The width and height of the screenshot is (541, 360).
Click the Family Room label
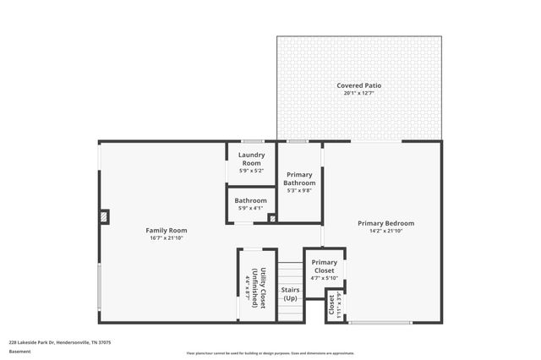point(166,230)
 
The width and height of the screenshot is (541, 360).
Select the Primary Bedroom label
point(391,223)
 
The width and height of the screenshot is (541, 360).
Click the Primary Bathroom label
point(299,179)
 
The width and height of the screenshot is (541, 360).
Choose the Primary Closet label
point(324,266)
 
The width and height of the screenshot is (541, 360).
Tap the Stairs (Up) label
point(290,294)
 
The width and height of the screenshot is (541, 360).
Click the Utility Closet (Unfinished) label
point(260,288)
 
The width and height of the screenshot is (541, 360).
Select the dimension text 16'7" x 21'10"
point(166,238)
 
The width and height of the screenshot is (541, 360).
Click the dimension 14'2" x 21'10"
point(391,231)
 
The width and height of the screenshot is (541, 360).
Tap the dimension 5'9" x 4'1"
point(251,208)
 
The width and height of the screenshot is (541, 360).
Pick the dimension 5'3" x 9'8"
point(299,190)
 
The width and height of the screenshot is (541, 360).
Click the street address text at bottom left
point(60,342)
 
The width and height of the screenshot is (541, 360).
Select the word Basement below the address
point(19,351)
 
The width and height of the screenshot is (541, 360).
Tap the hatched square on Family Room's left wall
point(104,217)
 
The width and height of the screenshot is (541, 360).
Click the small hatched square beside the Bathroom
point(271,218)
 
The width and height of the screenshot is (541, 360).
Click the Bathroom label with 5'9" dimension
point(251,200)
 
